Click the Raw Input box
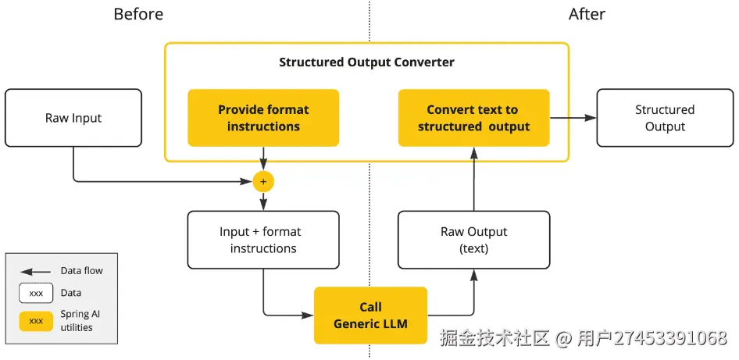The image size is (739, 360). pos(73,118)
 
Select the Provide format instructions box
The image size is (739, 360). pos(263,118)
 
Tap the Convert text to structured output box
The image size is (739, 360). pos(473,118)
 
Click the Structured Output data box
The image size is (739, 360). pos(664,118)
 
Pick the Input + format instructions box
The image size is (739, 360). pos(263,240)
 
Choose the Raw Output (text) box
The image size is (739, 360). pos(473,240)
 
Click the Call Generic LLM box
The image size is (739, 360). pos(370,315)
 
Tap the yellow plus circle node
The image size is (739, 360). pos(263,182)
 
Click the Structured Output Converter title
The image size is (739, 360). pos(366,62)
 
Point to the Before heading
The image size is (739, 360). pos(139,14)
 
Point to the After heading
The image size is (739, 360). pos(587,14)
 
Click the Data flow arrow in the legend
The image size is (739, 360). pos(36,272)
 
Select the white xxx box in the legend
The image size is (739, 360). pos(36,294)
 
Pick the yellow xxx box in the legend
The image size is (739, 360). pos(36,321)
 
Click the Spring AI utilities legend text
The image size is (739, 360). pos(80,321)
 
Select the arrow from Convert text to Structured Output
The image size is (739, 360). pos(573,118)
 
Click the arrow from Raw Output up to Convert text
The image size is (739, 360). pos(473,180)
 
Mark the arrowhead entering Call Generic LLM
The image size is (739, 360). pos(308,315)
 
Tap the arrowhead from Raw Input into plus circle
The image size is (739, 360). pos(248,182)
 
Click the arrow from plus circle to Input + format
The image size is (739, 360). pos(263,201)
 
